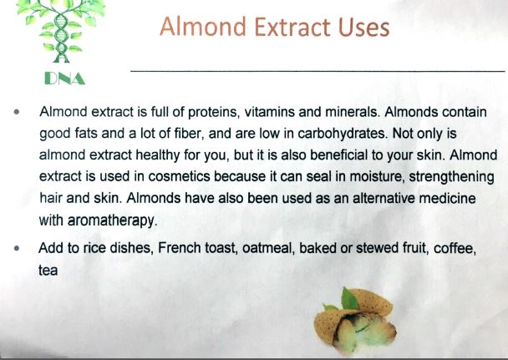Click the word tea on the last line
pos(48,271)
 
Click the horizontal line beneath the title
pos(317,69)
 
